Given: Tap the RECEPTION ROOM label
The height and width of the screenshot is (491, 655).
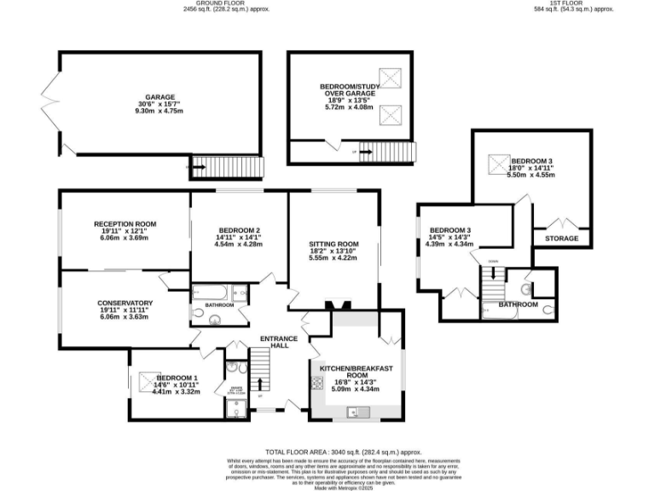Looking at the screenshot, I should pos(125,224).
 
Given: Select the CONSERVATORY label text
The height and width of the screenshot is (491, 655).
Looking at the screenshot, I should pos(125,303).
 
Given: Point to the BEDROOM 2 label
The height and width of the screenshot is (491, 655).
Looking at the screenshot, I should pos(239,231).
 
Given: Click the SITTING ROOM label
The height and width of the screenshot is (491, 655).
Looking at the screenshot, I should pos(333,244).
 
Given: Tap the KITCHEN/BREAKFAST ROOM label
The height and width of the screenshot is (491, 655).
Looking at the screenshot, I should pos(356,372).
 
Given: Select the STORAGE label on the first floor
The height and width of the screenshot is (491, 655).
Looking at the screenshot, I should pos(560,239).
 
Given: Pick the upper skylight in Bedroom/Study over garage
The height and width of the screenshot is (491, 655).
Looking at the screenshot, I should pos(391,79).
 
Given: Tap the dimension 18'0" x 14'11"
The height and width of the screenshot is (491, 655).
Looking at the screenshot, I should pos(532,168).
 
